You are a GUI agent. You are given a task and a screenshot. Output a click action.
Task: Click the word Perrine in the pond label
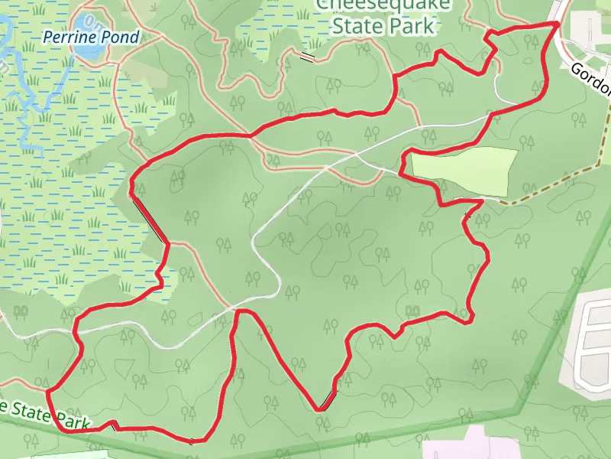[66, 37]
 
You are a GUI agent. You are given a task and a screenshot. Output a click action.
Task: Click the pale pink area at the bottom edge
[474, 447]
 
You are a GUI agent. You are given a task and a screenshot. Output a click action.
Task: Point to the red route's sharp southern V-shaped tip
[320, 410]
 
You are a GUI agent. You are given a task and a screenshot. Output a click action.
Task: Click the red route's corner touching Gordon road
[556, 24]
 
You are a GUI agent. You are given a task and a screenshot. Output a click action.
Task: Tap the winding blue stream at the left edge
[27, 115]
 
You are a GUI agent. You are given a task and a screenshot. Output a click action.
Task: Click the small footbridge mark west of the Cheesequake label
[307, 57]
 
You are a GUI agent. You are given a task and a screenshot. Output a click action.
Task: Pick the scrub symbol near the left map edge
[21, 311]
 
